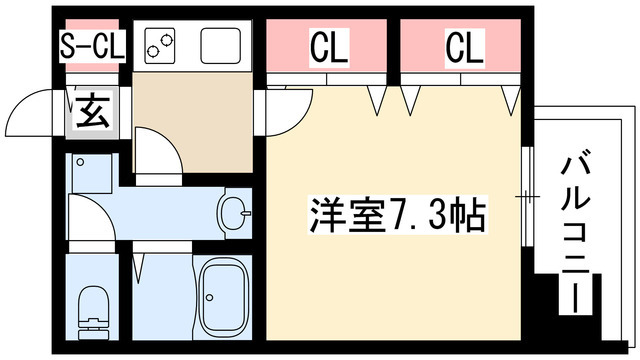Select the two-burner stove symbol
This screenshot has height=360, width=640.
(x=160, y=44)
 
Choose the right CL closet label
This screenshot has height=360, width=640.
(x=464, y=46)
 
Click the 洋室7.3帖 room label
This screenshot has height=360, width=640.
(x=399, y=215)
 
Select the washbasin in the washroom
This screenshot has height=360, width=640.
(x=235, y=212)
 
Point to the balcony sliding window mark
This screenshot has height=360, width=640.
(x=525, y=196)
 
